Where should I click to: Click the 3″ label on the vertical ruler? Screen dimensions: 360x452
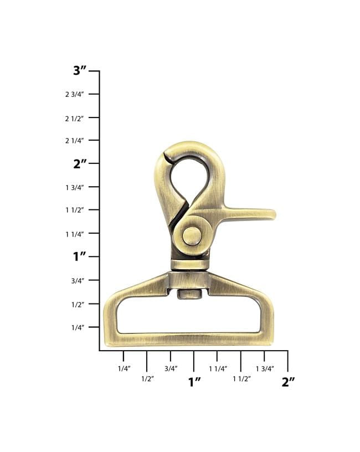pyautogui.click(x=80, y=71)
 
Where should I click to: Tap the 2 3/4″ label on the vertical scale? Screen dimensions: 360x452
pyautogui.click(x=74, y=94)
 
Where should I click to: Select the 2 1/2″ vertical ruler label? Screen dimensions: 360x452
pyautogui.click(x=74, y=119)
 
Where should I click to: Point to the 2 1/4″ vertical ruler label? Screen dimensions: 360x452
pyautogui.click(x=74, y=141)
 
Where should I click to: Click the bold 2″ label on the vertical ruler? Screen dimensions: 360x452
pyautogui.click(x=80, y=164)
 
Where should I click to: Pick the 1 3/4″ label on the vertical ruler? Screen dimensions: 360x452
pyautogui.click(x=75, y=188)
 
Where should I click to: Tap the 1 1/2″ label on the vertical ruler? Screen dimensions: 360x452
pyautogui.click(x=75, y=210)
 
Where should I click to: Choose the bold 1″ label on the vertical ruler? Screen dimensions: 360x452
pyautogui.click(x=80, y=256)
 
